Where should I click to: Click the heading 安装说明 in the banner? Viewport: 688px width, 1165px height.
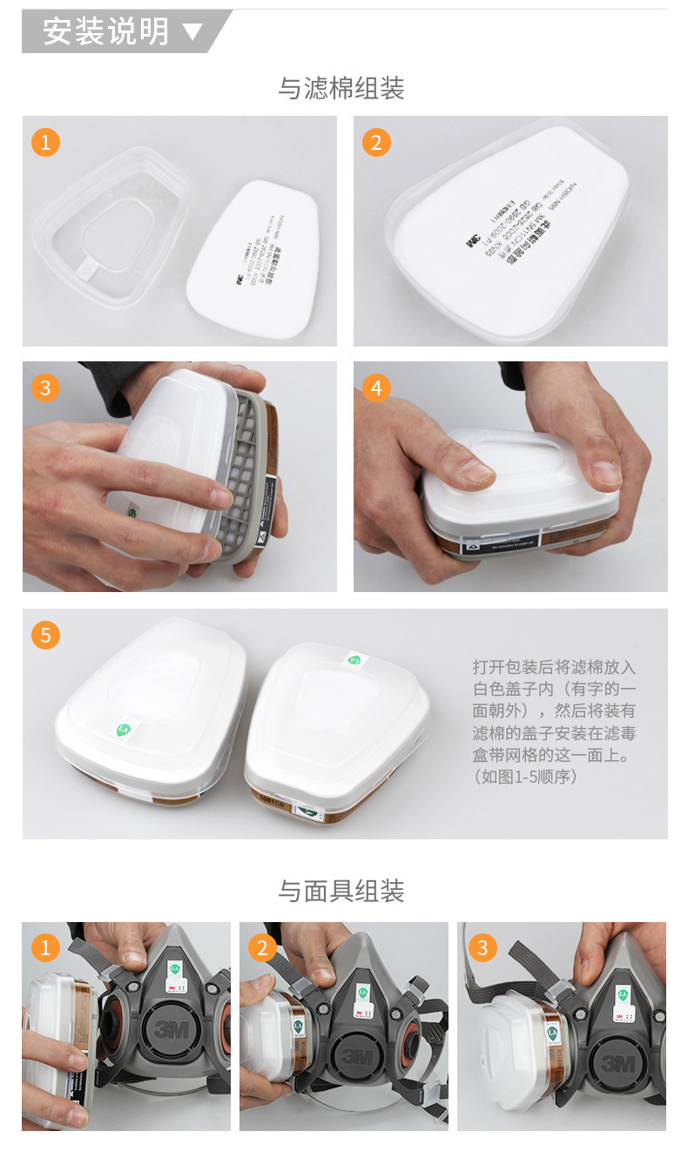point(105,31)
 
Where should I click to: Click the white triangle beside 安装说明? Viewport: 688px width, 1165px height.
point(192,33)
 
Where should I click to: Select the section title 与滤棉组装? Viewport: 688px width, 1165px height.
point(341,88)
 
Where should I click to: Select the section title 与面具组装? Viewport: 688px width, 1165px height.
point(341,891)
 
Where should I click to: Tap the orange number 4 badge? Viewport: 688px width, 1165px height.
point(376,387)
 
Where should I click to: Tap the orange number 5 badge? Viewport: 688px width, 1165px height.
point(45,635)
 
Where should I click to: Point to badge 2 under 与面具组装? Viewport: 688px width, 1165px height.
point(262,947)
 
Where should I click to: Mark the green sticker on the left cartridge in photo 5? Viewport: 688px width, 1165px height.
point(123,730)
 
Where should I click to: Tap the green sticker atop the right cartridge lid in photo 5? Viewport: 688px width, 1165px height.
point(354,659)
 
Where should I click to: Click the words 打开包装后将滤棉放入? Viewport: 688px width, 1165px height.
point(554,667)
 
